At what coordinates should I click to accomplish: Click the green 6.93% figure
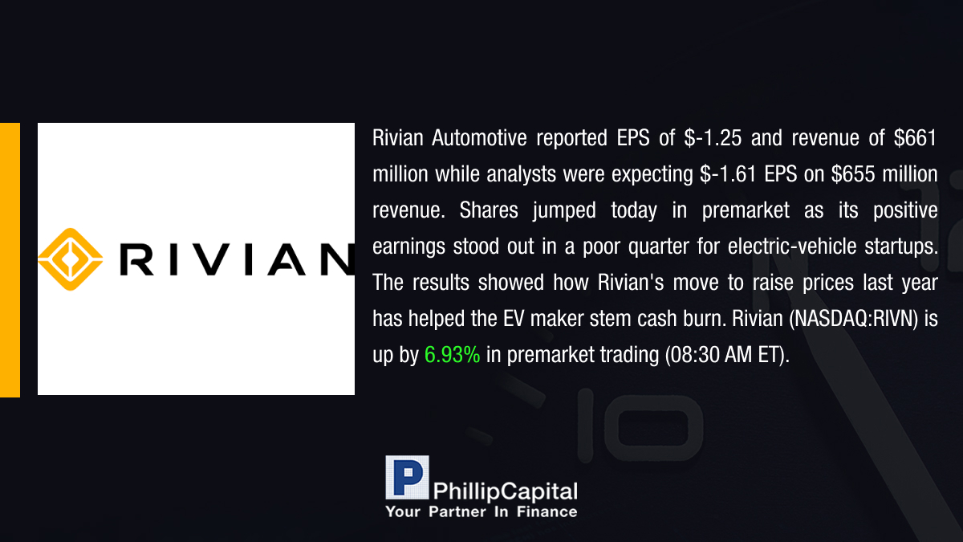pyautogui.click(x=452, y=355)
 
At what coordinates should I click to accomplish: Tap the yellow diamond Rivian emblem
pyautogui.click(x=71, y=259)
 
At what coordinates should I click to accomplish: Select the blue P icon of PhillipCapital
pyautogui.click(x=407, y=478)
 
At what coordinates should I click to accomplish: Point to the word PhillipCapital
pyautogui.click(x=505, y=491)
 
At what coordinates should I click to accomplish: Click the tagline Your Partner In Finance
pyautogui.click(x=481, y=511)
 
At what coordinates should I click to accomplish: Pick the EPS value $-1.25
pyautogui.click(x=713, y=138)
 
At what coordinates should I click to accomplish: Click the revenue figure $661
pyautogui.click(x=916, y=138)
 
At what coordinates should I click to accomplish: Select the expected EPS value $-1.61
pyautogui.click(x=728, y=174)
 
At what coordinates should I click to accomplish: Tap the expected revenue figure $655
pyautogui.click(x=853, y=174)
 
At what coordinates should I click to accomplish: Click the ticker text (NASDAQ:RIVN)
pyautogui.click(x=853, y=319)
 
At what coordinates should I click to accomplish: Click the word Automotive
pyautogui.click(x=479, y=138)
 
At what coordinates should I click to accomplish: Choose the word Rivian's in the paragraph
pyautogui.click(x=631, y=283)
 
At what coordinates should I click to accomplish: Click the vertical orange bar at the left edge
pyautogui.click(x=10, y=260)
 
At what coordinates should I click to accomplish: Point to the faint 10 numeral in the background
pyautogui.click(x=640, y=425)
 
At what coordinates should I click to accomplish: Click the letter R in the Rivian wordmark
pyautogui.click(x=136, y=259)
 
